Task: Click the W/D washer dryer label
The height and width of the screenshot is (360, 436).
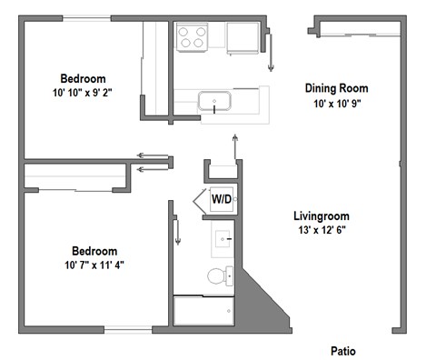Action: (221, 198)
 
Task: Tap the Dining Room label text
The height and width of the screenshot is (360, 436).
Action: (335, 88)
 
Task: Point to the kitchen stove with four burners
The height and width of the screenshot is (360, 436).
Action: (192, 36)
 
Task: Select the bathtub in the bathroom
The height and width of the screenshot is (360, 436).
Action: (201, 311)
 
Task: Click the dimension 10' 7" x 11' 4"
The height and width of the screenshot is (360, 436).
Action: (95, 265)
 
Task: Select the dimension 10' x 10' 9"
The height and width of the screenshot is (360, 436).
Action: (335, 104)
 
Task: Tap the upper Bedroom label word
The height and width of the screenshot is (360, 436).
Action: (82, 78)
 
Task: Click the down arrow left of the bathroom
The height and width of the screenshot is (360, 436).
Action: (178, 235)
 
